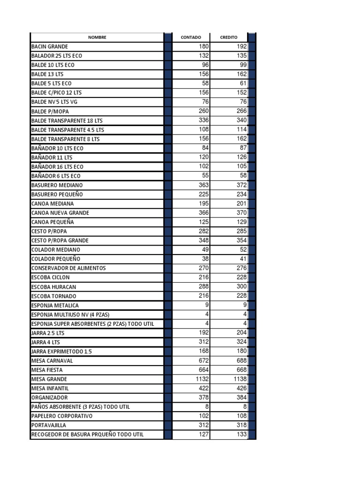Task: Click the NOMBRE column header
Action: tap(97, 37)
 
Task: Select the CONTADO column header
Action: tap(191, 37)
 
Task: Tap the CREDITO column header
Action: tap(229, 37)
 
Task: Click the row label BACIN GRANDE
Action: tap(50, 47)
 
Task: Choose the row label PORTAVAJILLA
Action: tap(49, 425)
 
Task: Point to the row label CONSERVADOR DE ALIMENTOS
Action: tap(68, 268)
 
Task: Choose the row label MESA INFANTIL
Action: tap(50, 388)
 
